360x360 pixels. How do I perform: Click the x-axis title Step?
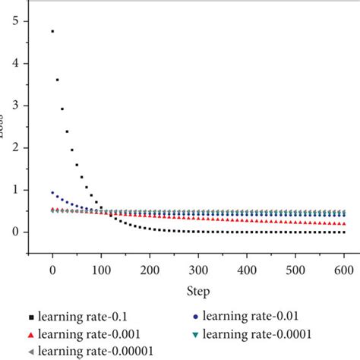[198, 291]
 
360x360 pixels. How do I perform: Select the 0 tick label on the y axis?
[14, 232]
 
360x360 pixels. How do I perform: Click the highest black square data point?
[52, 31]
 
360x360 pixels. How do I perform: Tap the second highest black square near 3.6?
[57, 80]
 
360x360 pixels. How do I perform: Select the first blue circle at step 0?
[52, 192]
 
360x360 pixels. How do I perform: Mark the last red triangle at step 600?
[344, 224]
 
